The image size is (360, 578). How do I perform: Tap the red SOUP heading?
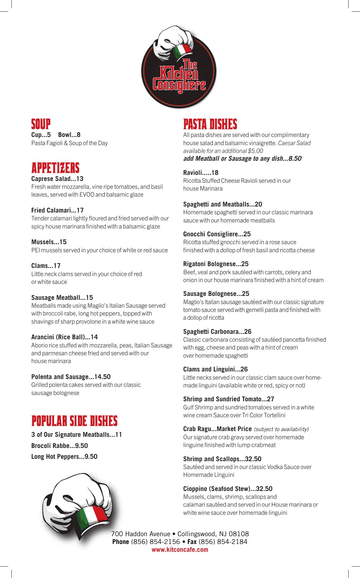41,124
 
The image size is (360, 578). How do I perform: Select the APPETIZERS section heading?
55,167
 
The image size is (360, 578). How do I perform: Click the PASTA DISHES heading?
210,124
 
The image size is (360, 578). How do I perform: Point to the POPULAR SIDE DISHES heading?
74,421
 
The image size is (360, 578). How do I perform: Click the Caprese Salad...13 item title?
57,179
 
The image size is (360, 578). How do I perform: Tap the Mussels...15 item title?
49,242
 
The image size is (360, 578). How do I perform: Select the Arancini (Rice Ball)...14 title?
64,337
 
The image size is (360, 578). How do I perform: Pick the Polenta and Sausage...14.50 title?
71,377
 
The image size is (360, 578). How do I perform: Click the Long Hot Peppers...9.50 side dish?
64,456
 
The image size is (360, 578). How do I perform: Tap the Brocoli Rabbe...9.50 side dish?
60,446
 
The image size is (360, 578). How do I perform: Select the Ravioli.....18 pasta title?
201,172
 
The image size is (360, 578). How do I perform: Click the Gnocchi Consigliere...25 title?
217,234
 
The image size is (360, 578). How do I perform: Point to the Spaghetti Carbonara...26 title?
217,331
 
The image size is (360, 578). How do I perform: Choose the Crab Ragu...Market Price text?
217,429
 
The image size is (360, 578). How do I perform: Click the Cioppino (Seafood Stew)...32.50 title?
228,488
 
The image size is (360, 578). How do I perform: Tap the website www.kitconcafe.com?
180,550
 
